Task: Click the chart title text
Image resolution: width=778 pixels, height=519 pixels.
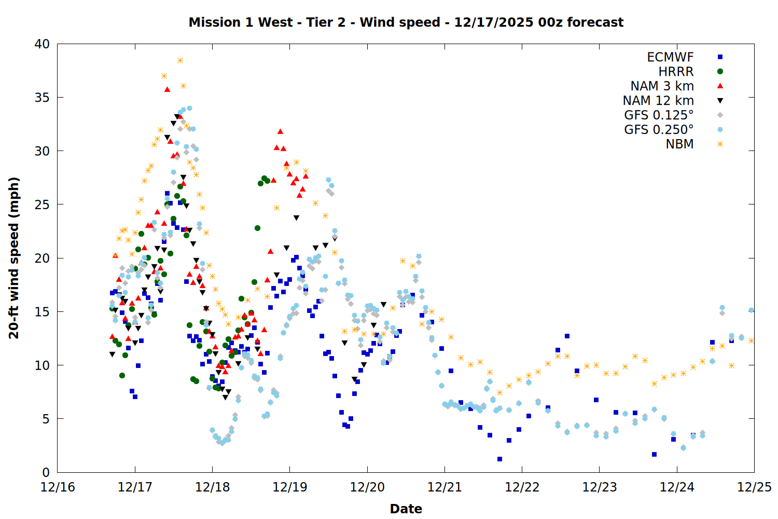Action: [x=406, y=22]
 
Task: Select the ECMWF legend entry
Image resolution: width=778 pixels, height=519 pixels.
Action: [x=670, y=57]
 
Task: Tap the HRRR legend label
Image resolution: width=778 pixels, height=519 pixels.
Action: [x=676, y=72]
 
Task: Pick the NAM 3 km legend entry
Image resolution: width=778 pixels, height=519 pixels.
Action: [x=662, y=86]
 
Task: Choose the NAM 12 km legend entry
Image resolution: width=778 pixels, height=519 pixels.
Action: [x=658, y=101]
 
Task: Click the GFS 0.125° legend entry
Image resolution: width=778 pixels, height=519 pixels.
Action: [x=659, y=115]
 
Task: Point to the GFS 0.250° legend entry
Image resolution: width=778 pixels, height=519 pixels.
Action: [x=659, y=130]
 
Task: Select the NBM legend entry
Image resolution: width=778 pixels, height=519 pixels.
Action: [x=679, y=144]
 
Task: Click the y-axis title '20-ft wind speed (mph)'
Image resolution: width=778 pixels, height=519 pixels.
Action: [x=14, y=258]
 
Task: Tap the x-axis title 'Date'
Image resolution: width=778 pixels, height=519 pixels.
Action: [x=406, y=509]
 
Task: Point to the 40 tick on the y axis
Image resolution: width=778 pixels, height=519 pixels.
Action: [x=42, y=44]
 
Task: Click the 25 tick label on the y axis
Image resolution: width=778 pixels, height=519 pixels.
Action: [x=42, y=204]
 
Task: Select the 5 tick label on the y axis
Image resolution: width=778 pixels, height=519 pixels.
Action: [x=46, y=419]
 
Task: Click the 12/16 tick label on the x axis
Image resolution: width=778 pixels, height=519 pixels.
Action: [x=58, y=487]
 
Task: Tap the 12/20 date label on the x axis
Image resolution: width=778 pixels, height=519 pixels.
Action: [x=367, y=487]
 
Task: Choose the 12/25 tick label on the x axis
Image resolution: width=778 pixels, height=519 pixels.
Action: [x=754, y=487]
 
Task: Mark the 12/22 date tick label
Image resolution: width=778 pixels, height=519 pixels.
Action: [x=522, y=487]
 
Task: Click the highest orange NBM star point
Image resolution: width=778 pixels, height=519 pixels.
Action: [x=180, y=60]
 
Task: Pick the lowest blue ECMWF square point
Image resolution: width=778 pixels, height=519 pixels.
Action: [x=499, y=459]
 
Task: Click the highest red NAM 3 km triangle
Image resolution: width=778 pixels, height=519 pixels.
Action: [x=167, y=89]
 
